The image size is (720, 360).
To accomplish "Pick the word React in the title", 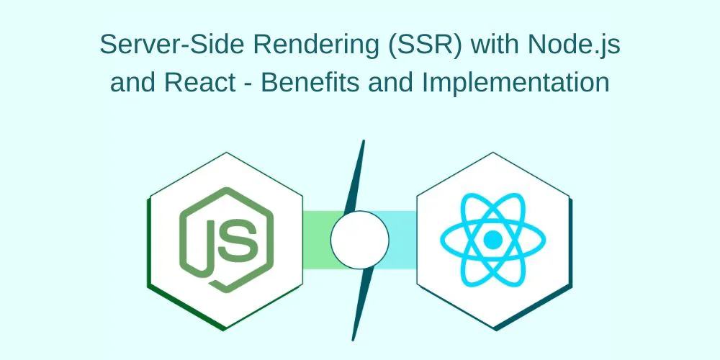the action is point(197,83).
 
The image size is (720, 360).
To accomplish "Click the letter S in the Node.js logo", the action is point(238,240).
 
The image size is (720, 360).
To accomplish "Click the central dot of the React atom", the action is point(492,239).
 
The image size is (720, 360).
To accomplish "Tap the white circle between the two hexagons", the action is point(359,240).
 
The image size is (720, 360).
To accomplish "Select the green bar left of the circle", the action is point(321,240).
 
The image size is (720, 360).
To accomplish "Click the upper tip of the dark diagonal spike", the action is point(364,140).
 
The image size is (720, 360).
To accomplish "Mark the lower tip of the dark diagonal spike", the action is point(354,341).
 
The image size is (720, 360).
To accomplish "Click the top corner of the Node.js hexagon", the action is point(226,153).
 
